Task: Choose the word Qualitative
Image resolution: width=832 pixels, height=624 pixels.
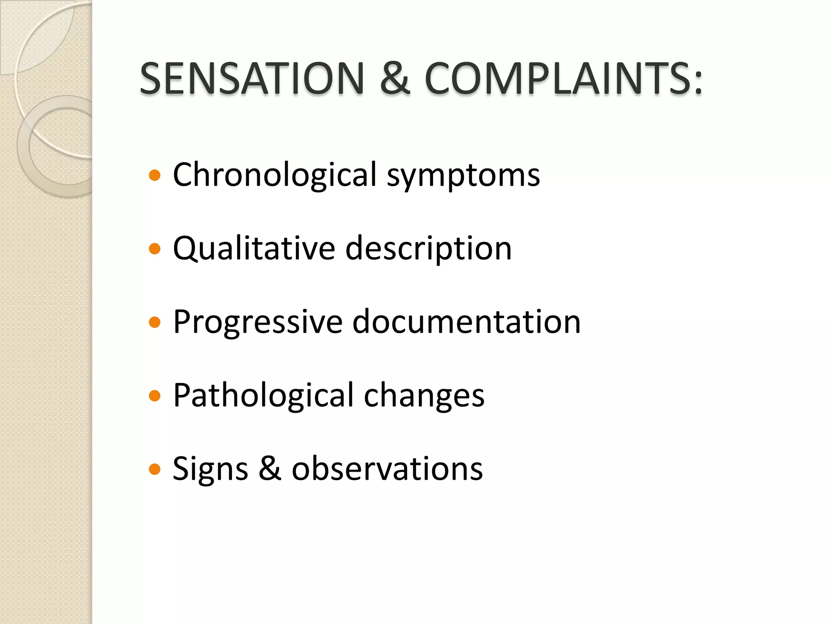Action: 254,249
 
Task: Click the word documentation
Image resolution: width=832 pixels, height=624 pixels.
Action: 466,322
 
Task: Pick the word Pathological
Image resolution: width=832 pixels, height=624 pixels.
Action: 263,395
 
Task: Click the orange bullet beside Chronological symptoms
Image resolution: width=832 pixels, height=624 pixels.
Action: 155,175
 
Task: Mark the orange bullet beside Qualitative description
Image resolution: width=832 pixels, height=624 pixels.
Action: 155,249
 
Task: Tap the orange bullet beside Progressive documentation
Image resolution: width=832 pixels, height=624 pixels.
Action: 155,323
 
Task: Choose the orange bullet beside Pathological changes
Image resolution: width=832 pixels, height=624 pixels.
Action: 155,396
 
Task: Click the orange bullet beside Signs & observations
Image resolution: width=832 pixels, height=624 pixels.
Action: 155,470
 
